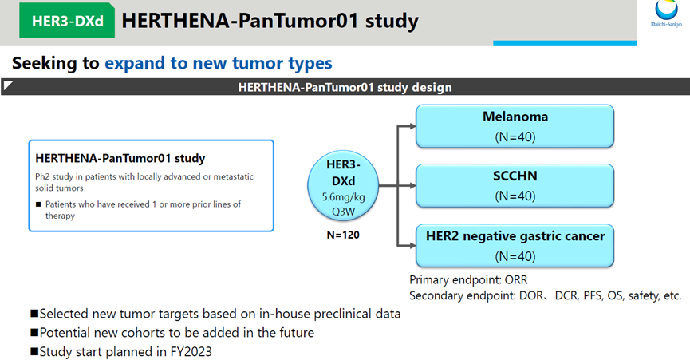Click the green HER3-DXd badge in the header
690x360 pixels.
pos(67,21)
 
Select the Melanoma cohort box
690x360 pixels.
pos(515,126)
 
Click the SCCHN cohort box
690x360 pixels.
pos(515,186)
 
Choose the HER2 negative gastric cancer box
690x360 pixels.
pos(515,246)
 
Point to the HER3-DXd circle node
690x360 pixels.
pos(343,186)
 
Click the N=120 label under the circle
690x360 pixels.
pos(343,235)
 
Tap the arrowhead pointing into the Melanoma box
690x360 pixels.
pos(412,126)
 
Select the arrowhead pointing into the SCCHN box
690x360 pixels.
pos(412,186)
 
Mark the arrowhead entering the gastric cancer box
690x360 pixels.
pos(412,246)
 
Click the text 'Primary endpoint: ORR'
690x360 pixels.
pos(468,280)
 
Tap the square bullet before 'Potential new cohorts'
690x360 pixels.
pos(34,332)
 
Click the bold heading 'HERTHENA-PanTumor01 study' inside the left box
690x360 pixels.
pos(120,158)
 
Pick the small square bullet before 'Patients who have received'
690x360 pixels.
pos(38,204)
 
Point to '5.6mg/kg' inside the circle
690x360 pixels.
pos(343,196)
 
